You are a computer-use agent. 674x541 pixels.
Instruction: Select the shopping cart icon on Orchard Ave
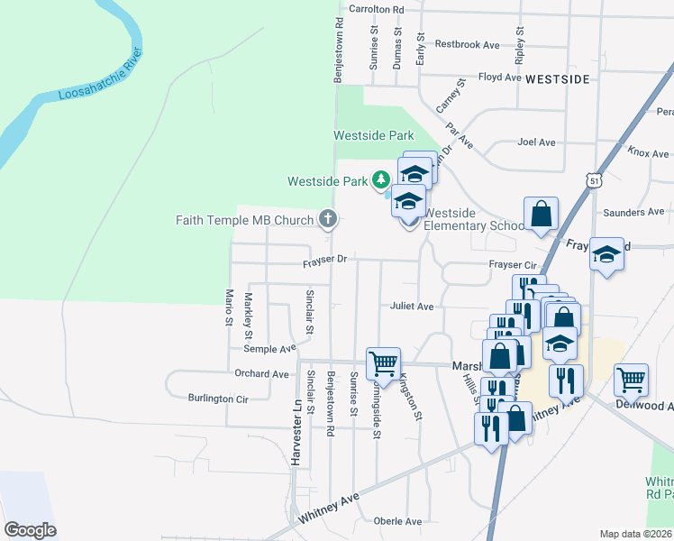pyautogui.click(x=383, y=362)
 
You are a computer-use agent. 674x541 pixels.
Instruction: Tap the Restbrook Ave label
pyautogui.click(x=467, y=44)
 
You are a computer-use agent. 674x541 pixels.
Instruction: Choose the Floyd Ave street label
pyautogui.click(x=500, y=78)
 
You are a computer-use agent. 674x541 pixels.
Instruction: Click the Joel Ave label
pyautogui.click(x=536, y=142)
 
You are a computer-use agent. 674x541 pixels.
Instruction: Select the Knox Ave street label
pyautogui.click(x=649, y=153)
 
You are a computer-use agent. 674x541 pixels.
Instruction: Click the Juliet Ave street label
pyautogui.click(x=412, y=307)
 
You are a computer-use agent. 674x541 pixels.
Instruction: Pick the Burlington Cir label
pyautogui.click(x=217, y=398)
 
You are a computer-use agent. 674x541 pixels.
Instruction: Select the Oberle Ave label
pyautogui.click(x=397, y=521)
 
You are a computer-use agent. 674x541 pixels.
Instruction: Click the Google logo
pyautogui.click(x=30, y=529)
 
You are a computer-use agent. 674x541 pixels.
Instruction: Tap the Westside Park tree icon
pyautogui.click(x=381, y=180)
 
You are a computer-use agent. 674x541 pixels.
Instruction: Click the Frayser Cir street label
pyautogui.click(x=513, y=265)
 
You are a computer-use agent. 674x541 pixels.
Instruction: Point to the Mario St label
pyautogui.click(x=229, y=307)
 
